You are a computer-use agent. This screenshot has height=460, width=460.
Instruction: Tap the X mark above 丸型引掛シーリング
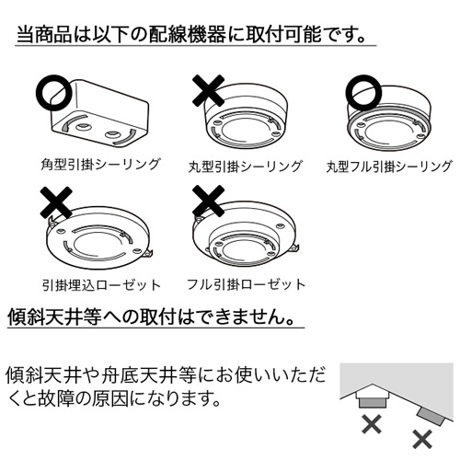point(208,91)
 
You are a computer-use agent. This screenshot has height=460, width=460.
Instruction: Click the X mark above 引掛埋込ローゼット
point(56,202)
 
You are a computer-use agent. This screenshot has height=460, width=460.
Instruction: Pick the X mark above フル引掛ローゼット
point(208,201)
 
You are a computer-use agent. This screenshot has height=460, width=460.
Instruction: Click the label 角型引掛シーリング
point(100,165)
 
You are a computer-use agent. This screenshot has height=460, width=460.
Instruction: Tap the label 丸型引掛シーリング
point(246,167)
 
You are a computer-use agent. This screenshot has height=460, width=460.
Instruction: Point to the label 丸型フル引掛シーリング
point(389,167)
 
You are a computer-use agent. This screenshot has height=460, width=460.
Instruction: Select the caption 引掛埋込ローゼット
point(101,285)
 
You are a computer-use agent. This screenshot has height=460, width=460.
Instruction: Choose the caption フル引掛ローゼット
point(246,284)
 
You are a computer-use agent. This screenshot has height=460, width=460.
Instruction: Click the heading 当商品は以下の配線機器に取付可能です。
point(191,34)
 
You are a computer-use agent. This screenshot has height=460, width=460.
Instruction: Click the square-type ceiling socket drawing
point(100,114)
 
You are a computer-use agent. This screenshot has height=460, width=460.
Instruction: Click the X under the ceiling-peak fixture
point(372,424)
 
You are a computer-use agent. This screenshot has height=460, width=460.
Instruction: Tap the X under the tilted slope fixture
point(422,439)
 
